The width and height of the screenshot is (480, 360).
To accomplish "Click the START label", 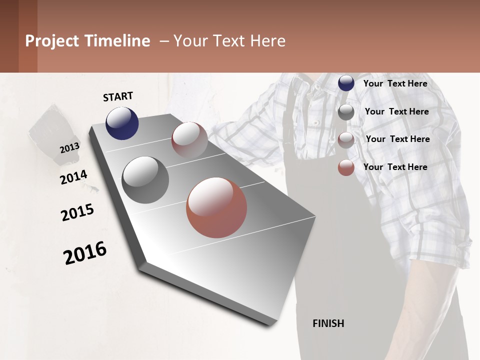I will tap(118, 96).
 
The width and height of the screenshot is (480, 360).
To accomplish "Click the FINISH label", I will tap(328, 323).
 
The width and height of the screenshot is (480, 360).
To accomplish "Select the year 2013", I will tap(69, 148).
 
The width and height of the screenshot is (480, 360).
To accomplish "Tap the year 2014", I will tap(73, 177).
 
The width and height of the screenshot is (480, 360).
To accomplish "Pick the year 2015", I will tap(77, 212).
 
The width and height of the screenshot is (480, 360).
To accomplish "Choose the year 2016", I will tap(85, 253).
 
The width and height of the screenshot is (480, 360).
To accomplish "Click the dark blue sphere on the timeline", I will tap(122, 123).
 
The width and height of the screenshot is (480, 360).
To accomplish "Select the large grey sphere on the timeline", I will tap(145, 180).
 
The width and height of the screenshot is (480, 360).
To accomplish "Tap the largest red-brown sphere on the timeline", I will tap(216, 207).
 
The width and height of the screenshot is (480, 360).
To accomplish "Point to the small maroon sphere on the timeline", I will tap(189, 140).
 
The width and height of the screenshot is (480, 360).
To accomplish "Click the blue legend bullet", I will tap(346, 83).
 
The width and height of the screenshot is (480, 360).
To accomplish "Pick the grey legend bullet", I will tap(346, 112).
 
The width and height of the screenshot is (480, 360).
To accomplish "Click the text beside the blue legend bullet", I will tap(395, 83).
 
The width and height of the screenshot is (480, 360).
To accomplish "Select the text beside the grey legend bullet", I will tap(396, 111).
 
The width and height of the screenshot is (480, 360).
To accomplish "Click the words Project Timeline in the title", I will tap(87, 41).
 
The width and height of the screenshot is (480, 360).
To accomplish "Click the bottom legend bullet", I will tap(346, 167).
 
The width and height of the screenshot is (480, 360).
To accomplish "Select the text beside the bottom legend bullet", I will tap(395, 167).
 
